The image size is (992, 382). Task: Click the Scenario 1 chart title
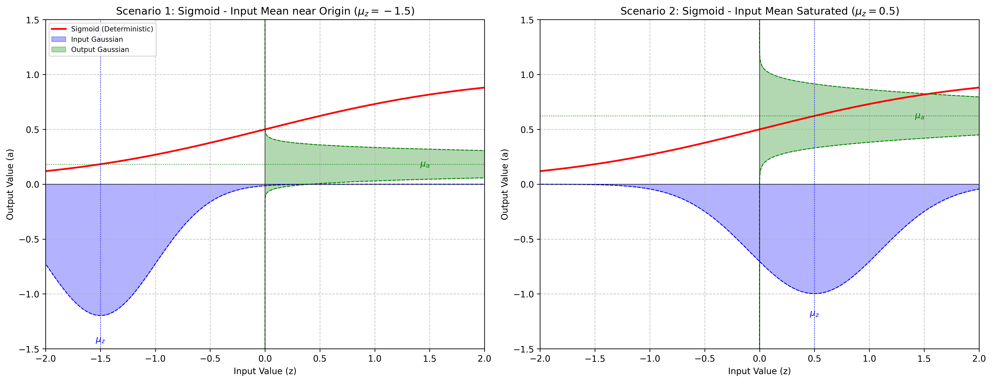(x=265, y=11)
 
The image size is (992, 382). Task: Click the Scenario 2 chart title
(x=759, y=11)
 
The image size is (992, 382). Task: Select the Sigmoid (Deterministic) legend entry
(x=112, y=29)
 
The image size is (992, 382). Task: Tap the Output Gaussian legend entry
(x=100, y=50)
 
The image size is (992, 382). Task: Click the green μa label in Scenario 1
(x=425, y=165)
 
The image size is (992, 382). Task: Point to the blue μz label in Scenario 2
(x=814, y=314)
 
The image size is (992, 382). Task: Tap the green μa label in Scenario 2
(x=919, y=116)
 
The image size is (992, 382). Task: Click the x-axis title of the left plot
(x=265, y=371)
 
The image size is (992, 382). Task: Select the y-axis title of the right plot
(x=504, y=184)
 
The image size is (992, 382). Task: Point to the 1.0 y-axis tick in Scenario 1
(x=33, y=75)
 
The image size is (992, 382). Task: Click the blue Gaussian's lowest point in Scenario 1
(x=100, y=315)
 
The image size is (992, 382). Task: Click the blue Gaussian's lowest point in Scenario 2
(x=814, y=294)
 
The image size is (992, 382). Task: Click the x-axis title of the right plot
(x=759, y=371)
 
